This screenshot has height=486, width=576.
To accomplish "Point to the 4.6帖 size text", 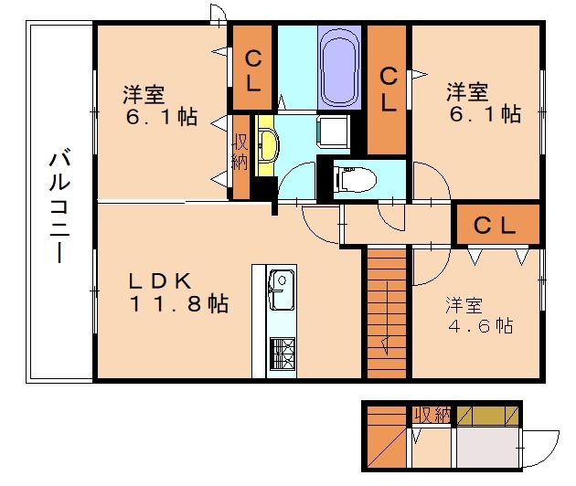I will coord(479,325).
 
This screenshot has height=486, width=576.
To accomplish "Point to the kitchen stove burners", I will coord(283,352).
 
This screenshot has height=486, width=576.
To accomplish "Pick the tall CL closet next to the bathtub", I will coord(388,89).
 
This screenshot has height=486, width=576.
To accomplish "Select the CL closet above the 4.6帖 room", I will coord(496,224).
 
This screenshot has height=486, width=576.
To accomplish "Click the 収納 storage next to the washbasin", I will coord(241,155).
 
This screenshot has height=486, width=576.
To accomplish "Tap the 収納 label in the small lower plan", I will coord(432,415).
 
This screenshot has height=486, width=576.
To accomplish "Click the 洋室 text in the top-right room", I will coord(467,92).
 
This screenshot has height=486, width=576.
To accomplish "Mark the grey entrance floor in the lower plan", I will coord(487,449).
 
